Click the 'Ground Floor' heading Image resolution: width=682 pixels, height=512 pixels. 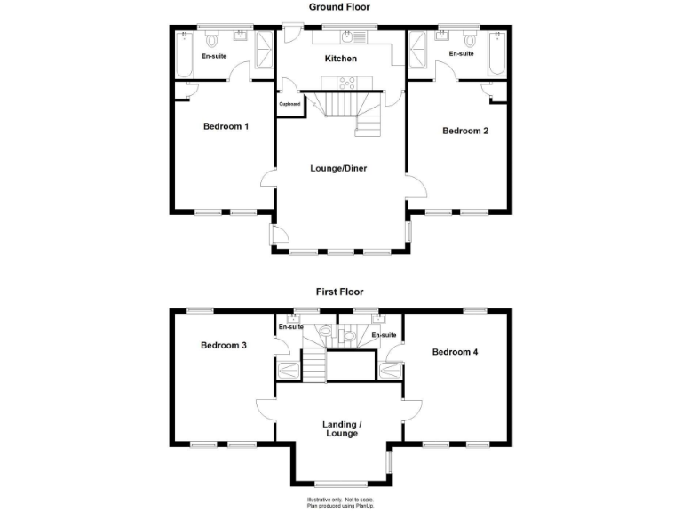click(x=339, y=7)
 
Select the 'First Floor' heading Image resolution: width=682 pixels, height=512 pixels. click(x=339, y=292)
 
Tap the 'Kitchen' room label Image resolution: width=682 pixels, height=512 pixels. click(x=340, y=59)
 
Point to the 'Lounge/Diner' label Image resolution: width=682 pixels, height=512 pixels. click(x=338, y=168)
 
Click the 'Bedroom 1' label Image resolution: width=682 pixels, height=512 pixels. click(x=226, y=126)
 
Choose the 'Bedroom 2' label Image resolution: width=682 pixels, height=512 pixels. click(x=465, y=132)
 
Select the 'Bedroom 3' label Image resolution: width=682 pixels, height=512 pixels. click(x=223, y=345)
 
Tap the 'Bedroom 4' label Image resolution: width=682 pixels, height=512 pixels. click(x=456, y=352)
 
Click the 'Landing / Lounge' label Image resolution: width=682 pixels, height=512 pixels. click(x=340, y=429)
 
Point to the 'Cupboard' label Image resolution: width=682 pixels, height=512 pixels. click(x=289, y=105)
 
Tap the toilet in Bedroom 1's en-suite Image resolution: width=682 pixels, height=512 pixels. click(x=212, y=41)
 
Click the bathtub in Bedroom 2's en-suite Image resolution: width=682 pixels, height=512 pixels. click(x=497, y=51)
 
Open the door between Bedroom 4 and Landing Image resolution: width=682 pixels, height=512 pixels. click(x=410, y=407)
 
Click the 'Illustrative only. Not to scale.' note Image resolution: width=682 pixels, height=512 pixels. click(x=340, y=500)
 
